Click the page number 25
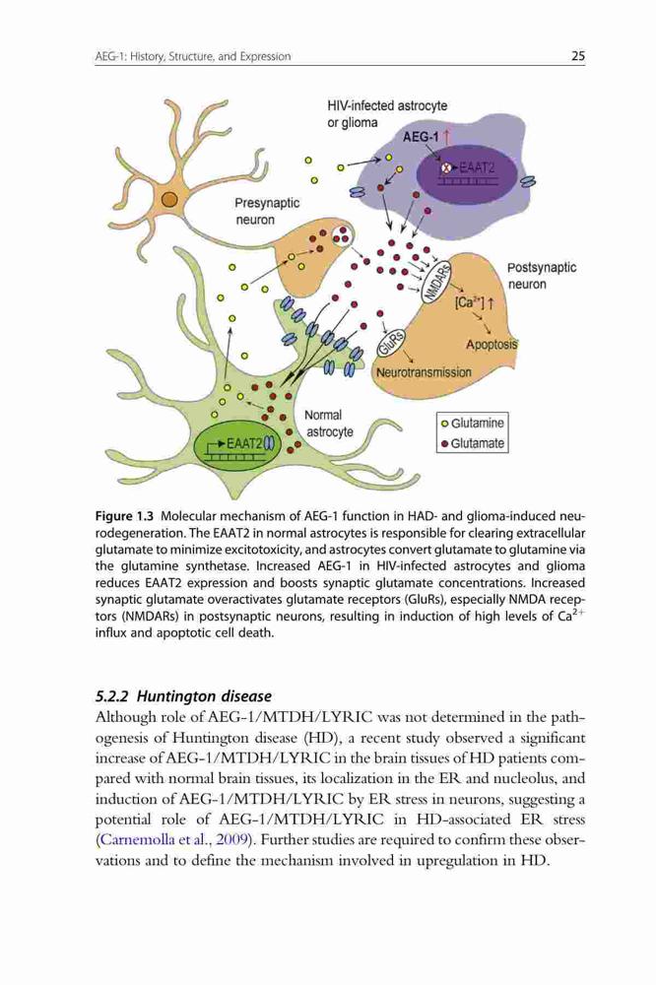pos(578,56)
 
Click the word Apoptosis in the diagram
pos(492,344)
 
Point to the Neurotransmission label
pos(424,372)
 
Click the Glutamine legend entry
pos(472,423)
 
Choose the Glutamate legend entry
pos(472,443)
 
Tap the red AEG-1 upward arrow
pos(445,136)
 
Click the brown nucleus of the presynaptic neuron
pos(169,200)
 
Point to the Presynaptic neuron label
pos(267,211)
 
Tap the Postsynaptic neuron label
pos(542,276)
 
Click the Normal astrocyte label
pos(329,424)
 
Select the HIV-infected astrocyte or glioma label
pos(387,113)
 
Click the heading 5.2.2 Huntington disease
pos(183,696)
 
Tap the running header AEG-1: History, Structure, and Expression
pos(193,56)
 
